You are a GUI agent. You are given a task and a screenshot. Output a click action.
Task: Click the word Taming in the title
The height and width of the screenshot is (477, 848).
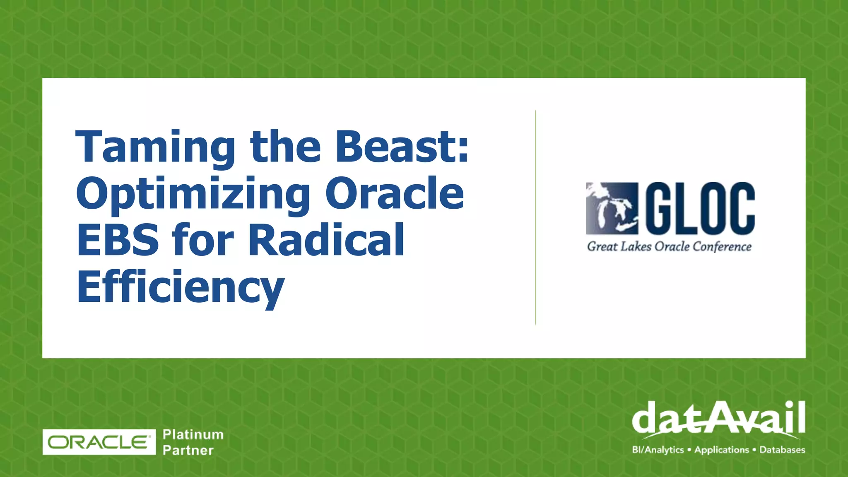pyautogui.click(x=155, y=148)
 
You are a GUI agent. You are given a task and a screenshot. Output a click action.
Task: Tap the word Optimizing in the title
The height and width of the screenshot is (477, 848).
pyautogui.click(x=193, y=194)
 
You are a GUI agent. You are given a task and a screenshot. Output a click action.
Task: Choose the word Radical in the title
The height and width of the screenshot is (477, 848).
pyautogui.click(x=327, y=240)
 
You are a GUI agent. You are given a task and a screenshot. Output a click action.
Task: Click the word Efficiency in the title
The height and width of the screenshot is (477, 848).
pyautogui.click(x=181, y=287)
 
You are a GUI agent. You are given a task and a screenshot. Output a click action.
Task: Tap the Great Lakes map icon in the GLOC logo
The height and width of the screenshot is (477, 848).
pyautogui.click(x=612, y=208)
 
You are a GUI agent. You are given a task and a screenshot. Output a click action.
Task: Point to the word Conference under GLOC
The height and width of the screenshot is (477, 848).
pyautogui.click(x=722, y=247)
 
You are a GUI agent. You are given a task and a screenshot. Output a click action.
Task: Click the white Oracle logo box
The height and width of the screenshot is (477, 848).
pyautogui.click(x=99, y=442)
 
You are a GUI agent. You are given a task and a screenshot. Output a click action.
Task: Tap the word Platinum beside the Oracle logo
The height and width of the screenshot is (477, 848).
pyautogui.click(x=193, y=434)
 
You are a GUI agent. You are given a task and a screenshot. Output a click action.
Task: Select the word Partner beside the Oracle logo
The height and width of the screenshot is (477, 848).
pyautogui.click(x=188, y=450)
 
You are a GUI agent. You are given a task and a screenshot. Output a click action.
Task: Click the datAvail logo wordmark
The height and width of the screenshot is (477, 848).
pyautogui.click(x=718, y=418)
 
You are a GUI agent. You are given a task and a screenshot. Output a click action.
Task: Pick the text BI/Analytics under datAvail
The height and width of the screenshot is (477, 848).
pyautogui.click(x=658, y=450)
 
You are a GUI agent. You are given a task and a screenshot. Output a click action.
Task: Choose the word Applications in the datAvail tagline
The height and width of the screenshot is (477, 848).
pyautogui.click(x=722, y=450)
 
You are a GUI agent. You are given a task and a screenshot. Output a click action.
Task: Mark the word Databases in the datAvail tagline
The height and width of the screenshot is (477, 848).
pyautogui.click(x=782, y=450)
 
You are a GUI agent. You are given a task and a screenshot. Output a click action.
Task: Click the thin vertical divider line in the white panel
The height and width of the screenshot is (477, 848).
pyautogui.click(x=535, y=217)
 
